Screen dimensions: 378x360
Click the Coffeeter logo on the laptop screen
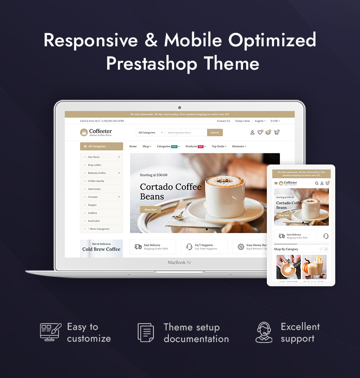pyautogui.click(x=96, y=132)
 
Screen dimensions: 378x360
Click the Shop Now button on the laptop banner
pyautogui.click(x=150, y=209)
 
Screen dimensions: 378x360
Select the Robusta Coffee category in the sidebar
pyautogui.click(x=97, y=173)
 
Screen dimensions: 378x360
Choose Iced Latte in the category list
pyautogui.click(x=94, y=221)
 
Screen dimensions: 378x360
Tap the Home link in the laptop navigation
pyautogui.click(x=133, y=147)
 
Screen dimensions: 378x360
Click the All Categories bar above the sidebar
pyautogui.click(x=101, y=146)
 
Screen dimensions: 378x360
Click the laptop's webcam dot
pyautogui.click(x=180, y=107)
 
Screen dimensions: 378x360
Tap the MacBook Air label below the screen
pyautogui.click(x=180, y=262)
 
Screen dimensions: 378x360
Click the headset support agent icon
pyautogui.click(x=264, y=333)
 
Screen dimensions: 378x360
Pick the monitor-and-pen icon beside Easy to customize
pyautogui.click(x=50, y=333)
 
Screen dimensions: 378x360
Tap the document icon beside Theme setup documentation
pyautogui.click(x=145, y=333)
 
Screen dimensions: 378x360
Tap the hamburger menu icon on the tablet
pyautogui.click(x=276, y=183)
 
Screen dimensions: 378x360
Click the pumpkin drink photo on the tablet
pyautogui.click(x=314, y=267)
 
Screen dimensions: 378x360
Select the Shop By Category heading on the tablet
pyautogui.click(x=286, y=249)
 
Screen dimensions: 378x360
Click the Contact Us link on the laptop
pyautogui.click(x=223, y=121)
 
